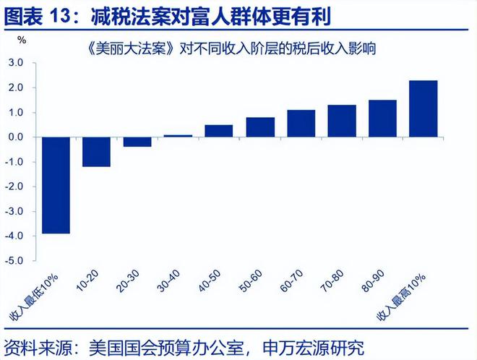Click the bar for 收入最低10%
(x=56, y=185)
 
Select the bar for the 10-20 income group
(x=96, y=152)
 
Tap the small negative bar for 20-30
(x=137, y=142)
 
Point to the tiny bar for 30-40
(x=179, y=135)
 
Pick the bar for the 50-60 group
(x=260, y=127)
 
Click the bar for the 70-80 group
(x=342, y=121)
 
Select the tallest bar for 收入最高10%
(x=424, y=108)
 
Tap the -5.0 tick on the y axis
(x=15, y=260)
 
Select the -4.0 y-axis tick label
(x=15, y=236)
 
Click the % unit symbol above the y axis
(x=21, y=40)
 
